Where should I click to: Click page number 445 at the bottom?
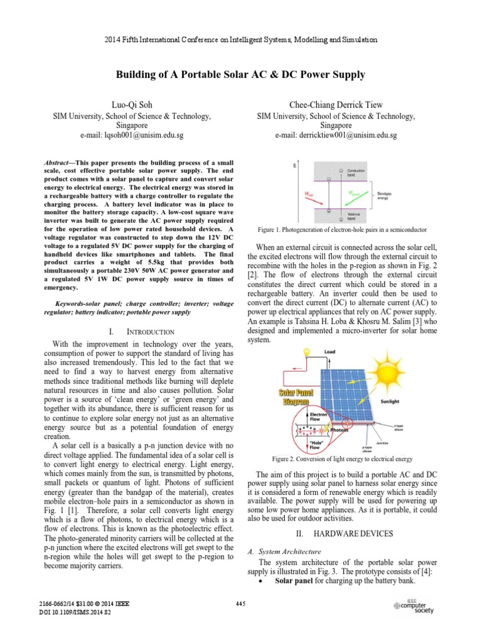[x=240, y=604]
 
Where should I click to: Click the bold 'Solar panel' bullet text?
[x=297, y=581]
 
